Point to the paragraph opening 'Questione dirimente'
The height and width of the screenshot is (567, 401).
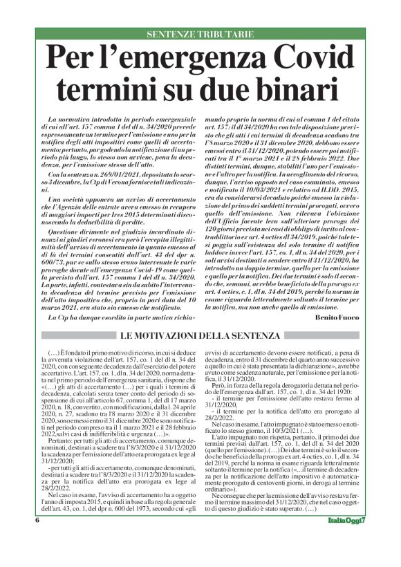click(75, 232)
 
